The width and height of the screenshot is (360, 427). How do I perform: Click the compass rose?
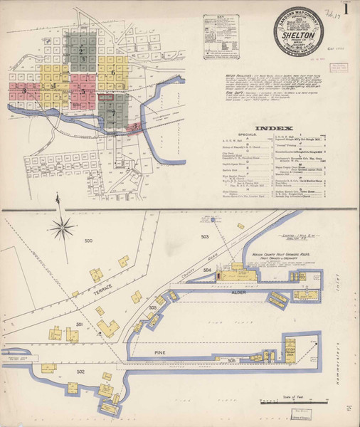pos(63,228)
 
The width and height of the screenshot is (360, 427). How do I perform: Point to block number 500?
pos(88,242)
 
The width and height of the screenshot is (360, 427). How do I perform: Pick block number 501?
pos(80,324)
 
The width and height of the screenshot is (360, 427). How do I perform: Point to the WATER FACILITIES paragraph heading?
pos(238,72)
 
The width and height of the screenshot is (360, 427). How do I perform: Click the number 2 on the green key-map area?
pos(82,51)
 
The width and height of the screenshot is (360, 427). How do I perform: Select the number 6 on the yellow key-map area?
pos(112,73)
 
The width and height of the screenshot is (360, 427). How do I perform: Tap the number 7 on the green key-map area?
pos(112,112)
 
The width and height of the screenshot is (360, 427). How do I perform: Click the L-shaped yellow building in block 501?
pos(108,328)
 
